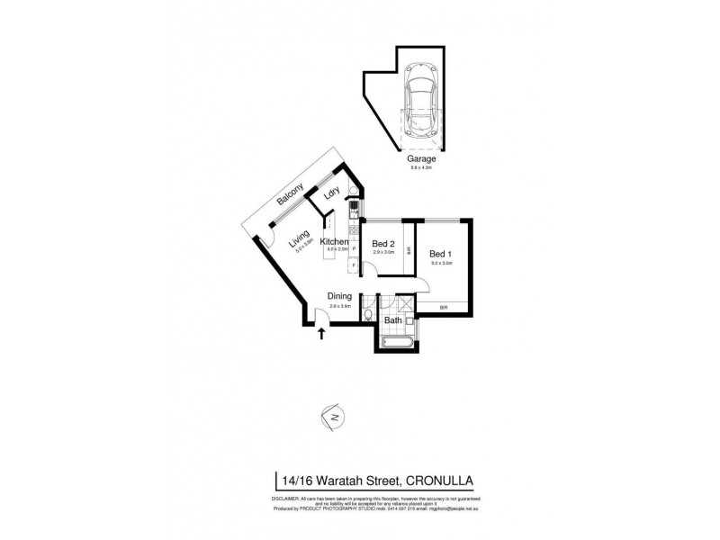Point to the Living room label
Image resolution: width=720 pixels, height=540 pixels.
point(298,240)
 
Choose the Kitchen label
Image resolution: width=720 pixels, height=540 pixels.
point(334,242)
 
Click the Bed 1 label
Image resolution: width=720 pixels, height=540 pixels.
point(439,254)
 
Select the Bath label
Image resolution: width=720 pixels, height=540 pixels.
point(393,319)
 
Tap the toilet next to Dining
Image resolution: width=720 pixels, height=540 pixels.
point(369,314)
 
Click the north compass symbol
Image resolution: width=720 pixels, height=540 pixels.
point(333,418)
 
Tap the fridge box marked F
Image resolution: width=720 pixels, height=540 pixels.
point(354,266)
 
